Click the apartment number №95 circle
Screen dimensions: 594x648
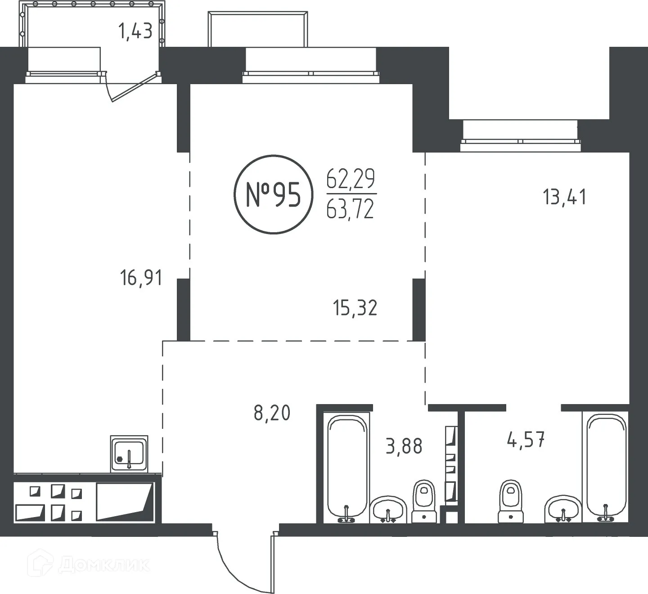[273, 194]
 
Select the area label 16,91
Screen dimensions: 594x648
[141, 278]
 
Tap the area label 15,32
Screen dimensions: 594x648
[355, 308]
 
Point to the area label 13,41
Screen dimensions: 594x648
[565, 197]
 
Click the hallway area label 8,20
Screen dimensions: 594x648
[272, 413]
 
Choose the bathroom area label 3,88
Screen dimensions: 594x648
[404, 446]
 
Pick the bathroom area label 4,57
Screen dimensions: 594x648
[526, 440]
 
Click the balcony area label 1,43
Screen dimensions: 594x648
[135, 31]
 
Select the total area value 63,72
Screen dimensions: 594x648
[351, 210]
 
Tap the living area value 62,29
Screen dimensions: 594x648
[351, 180]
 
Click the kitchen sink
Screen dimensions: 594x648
[129, 454]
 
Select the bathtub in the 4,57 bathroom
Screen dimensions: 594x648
[606, 468]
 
